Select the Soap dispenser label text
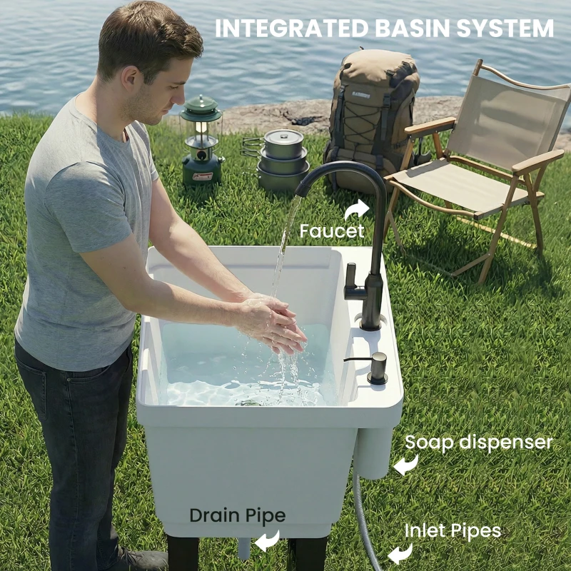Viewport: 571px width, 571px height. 478,443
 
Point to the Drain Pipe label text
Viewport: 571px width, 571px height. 237,515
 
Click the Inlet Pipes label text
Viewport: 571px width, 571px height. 453,531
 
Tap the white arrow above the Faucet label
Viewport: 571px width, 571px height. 356,208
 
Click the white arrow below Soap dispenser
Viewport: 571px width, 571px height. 406,465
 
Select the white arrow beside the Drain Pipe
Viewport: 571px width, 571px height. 268,540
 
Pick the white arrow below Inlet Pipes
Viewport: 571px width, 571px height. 400,552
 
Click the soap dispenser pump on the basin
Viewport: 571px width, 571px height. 375,367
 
